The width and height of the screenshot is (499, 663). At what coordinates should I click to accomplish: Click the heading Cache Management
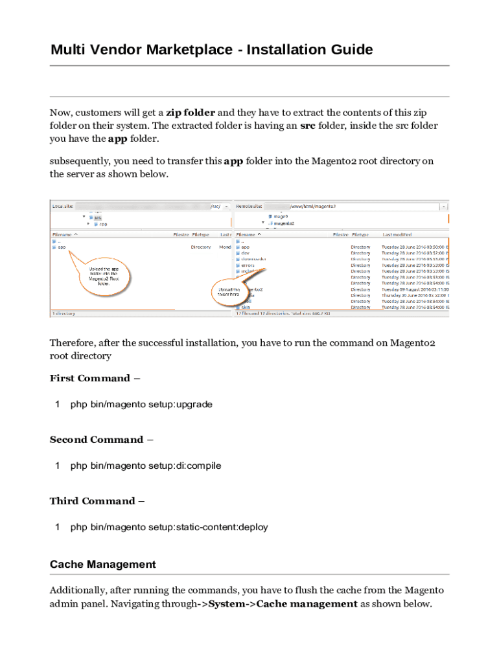(x=103, y=565)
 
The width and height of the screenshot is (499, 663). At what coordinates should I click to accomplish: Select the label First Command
(x=90, y=378)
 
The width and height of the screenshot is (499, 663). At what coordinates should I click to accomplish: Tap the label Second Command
(x=97, y=440)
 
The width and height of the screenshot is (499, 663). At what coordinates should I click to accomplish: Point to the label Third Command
(x=92, y=501)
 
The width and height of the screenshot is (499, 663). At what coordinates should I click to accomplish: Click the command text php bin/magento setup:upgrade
(x=141, y=404)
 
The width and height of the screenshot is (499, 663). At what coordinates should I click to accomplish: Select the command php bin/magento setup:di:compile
(x=146, y=466)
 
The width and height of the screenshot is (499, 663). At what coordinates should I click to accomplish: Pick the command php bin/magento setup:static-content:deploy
(x=169, y=527)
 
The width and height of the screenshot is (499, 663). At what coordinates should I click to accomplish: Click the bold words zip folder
(x=191, y=113)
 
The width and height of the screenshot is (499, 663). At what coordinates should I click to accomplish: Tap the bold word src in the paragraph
(x=308, y=126)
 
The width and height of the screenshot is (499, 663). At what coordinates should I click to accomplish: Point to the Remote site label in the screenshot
(x=250, y=206)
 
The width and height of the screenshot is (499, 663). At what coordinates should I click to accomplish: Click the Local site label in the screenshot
(x=63, y=206)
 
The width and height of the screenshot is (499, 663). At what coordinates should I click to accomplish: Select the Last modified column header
(x=397, y=234)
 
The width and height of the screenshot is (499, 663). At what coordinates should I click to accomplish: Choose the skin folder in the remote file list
(x=246, y=308)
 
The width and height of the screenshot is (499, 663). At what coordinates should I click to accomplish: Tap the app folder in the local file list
(x=62, y=247)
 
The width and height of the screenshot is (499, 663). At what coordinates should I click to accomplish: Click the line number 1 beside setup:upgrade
(x=58, y=404)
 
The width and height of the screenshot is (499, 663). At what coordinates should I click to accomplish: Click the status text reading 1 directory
(x=64, y=313)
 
